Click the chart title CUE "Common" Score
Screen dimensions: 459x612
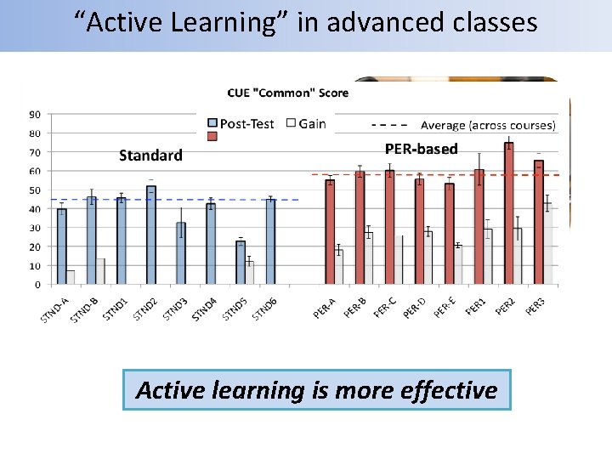coord(287,93)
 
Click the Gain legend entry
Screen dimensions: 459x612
coord(312,124)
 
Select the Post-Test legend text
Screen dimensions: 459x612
coord(246,124)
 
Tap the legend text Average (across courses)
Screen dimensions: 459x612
coord(488,125)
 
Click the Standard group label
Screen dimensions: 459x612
coord(150,156)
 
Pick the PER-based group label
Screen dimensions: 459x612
coord(421,150)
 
